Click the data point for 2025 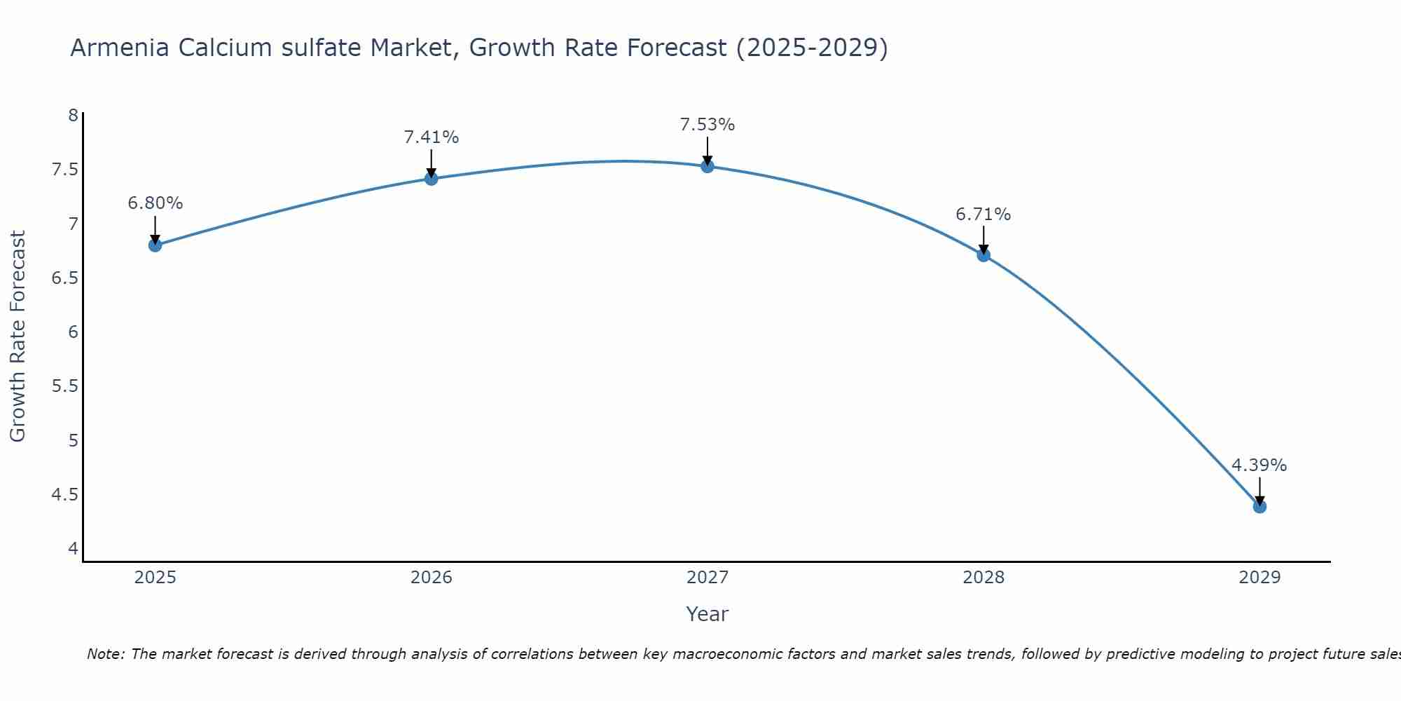coord(155,245)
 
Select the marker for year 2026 coord(431,179)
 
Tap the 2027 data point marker coord(707,166)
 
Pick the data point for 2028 coord(983,255)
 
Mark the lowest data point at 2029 coord(1259,506)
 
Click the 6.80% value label coord(155,203)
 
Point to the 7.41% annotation coord(431,137)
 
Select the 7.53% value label coord(707,125)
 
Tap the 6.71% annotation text coord(983,215)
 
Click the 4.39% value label coord(1259,465)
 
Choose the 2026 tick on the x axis coord(431,578)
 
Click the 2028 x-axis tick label coord(983,578)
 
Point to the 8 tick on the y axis coord(73,116)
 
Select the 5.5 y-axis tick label coord(64,386)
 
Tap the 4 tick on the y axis coord(73,549)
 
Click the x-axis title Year coord(707,614)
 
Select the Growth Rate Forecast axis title coord(18,336)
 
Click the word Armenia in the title coord(120,48)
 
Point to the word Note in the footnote coord(105,654)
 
